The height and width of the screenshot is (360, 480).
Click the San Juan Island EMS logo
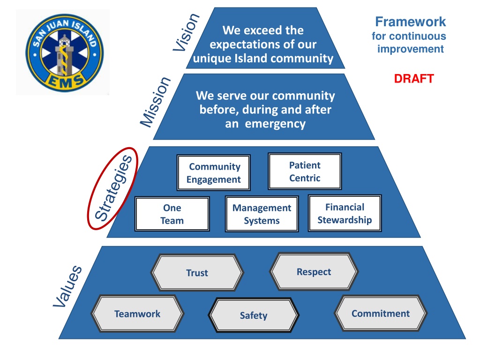[65, 52]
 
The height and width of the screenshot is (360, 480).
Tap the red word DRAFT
[414, 79]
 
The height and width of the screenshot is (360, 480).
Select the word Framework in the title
[411, 22]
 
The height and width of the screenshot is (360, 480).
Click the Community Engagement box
[214, 172]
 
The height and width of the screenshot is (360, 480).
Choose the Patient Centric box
[305, 172]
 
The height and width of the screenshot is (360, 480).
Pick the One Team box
[172, 214]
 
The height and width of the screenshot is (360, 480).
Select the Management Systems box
[262, 214]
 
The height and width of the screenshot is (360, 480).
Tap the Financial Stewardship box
[345, 213]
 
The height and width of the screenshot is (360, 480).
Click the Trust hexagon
[197, 272]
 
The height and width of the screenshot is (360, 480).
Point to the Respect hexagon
[314, 271]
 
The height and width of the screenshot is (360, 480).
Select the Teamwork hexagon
[137, 314]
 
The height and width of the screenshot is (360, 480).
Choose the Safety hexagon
[254, 315]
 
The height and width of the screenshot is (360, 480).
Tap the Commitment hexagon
[381, 313]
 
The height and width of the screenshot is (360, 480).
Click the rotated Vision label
[186, 32]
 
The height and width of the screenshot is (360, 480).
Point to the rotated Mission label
[155, 102]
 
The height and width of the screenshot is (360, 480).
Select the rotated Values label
[67, 286]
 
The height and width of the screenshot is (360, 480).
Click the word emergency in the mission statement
[275, 124]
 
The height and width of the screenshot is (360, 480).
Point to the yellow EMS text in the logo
[65, 82]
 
